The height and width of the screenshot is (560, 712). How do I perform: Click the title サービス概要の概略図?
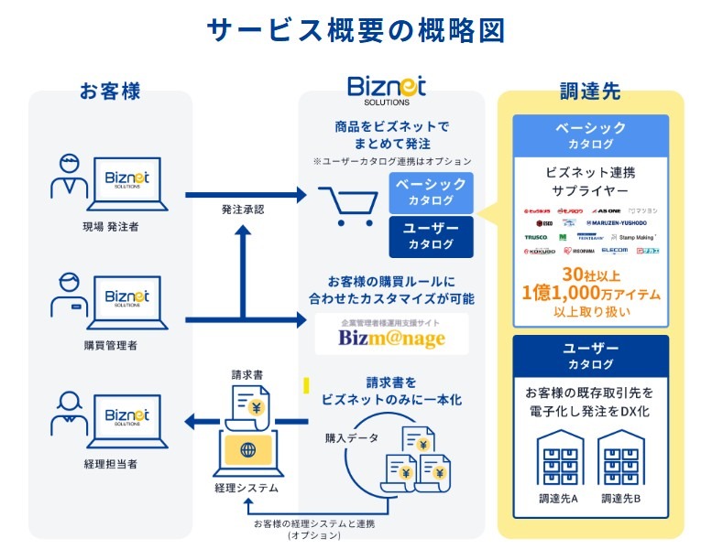[x=356, y=29]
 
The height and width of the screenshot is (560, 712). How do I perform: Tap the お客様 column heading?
[x=110, y=91]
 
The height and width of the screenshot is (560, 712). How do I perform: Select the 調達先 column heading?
[x=590, y=91]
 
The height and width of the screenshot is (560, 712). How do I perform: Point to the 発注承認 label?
[x=242, y=210]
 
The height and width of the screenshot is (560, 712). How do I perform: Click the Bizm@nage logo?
[x=391, y=338]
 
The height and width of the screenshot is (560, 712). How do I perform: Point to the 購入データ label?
[x=351, y=437]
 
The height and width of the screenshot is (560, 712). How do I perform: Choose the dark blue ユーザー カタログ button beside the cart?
[x=430, y=236]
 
